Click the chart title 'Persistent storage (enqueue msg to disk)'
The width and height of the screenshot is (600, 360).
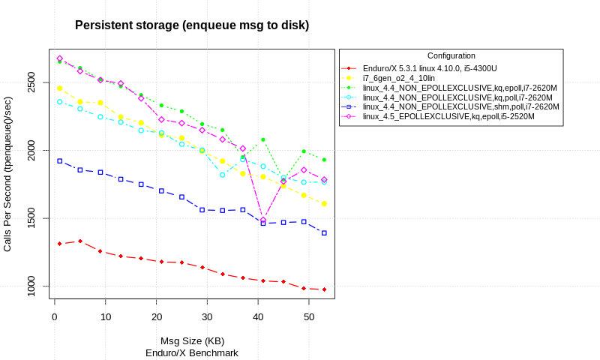coord(192,25)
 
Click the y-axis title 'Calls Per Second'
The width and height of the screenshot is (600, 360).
coord(7,174)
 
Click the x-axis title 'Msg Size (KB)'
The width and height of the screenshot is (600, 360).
coord(192,341)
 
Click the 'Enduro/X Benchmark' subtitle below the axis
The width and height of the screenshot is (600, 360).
coord(192,352)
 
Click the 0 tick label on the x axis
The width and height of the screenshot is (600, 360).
coord(54,317)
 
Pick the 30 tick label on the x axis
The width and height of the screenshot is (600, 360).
coord(207,317)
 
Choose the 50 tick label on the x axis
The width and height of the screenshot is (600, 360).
coord(309,317)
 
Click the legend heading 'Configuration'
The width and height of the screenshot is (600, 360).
coord(451,55)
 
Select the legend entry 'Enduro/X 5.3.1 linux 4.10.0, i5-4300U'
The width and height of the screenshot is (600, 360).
coord(438,68)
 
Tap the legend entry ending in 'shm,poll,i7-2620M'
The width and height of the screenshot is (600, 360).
coord(460,106)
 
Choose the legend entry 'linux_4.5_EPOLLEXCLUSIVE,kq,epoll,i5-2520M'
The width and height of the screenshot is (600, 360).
coord(448,116)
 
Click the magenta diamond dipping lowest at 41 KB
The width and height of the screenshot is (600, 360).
coord(263,220)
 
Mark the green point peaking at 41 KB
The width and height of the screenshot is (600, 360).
coord(263,139)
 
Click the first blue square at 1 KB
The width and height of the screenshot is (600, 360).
coord(59,160)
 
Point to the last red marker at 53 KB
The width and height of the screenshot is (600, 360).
coord(324,289)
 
